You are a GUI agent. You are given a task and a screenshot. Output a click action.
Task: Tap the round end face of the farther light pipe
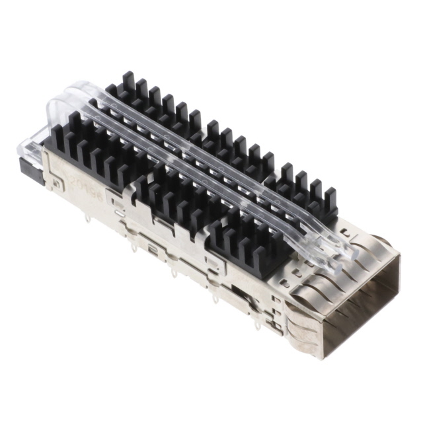[344, 251]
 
